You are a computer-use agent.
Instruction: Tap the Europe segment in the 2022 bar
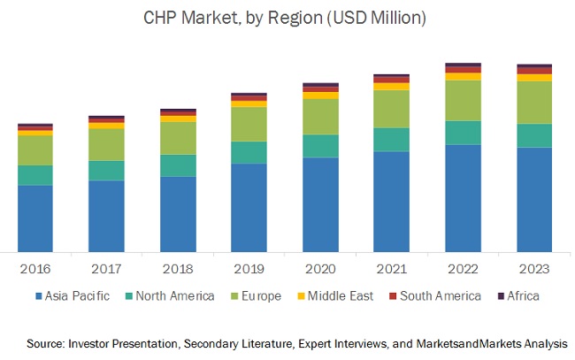(463, 100)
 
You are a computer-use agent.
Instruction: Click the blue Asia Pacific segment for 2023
(533, 199)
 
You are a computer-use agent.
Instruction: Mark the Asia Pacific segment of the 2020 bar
(320, 204)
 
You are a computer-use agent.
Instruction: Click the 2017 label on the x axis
(106, 268)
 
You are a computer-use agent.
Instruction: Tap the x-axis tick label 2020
(320, 268)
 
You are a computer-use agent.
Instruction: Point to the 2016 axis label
(35, 268)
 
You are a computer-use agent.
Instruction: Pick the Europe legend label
(265, 295)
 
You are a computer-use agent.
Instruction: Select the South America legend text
(439, 295)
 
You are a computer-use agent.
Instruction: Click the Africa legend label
(523, 295)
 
